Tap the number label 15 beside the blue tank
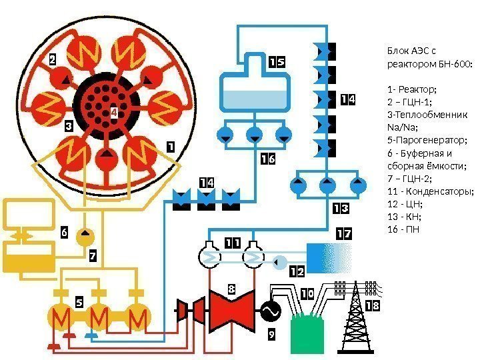277,62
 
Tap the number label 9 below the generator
271,335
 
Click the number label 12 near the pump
297,272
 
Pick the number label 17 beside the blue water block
343,234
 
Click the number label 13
340,209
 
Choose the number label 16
267,159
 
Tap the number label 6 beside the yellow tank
64,233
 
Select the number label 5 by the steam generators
79,303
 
